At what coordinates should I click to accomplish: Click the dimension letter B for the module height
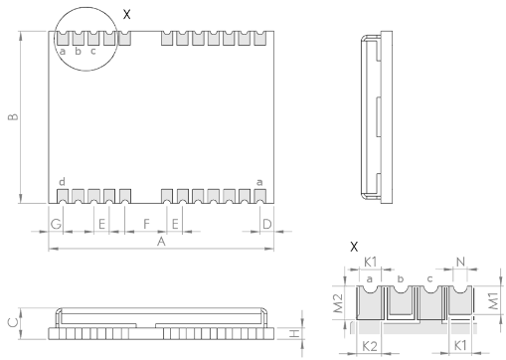pos(13,117)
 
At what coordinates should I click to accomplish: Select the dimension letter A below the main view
pos(161,242)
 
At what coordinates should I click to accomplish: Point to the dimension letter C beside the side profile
pos(13,322)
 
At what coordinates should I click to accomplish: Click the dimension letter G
pos(56,224)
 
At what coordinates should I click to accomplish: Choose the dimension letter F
pos(146,224)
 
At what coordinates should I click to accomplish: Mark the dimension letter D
pos(267,224)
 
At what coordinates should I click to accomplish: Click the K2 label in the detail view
pos(370,347)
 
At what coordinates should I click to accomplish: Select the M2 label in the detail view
pos(338,303)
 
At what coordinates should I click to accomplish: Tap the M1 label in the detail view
pos(493,301)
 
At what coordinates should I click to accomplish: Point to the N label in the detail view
pos(460,263)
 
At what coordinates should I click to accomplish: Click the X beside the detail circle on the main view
pos(127,14)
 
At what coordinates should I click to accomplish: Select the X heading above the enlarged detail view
pos(354,247)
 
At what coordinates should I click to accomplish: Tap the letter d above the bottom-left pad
pos(62,182)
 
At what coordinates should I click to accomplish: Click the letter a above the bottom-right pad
pos(259,182)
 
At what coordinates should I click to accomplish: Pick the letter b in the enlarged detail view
pos(401,279)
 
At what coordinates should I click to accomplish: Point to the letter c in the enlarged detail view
pos(429,279)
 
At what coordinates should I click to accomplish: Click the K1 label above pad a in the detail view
pos(370,263)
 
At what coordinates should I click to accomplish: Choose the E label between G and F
pos(101,224)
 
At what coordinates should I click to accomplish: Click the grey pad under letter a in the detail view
pos(370,304)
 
